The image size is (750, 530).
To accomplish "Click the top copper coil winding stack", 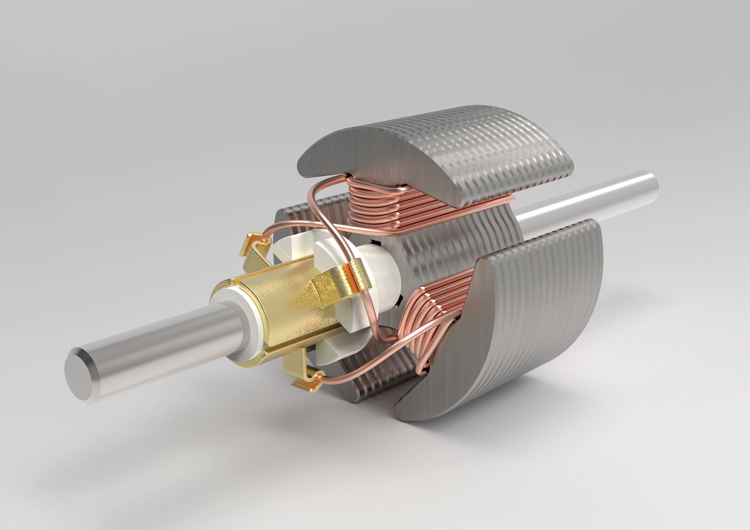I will click(x=376, y=206).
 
